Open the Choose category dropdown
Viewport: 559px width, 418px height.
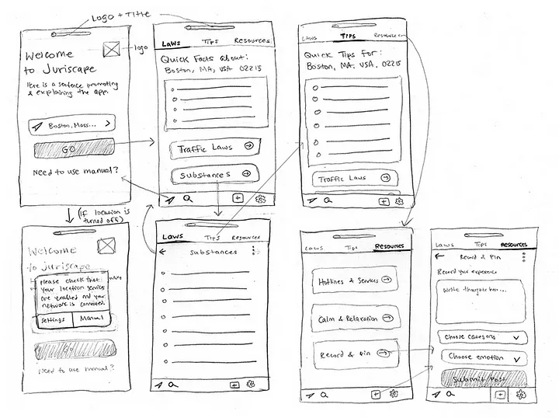[x=482, y=337]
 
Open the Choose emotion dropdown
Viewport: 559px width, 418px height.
[x=482, y=357]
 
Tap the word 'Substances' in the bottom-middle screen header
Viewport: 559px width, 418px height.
[x=214, y=252]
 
